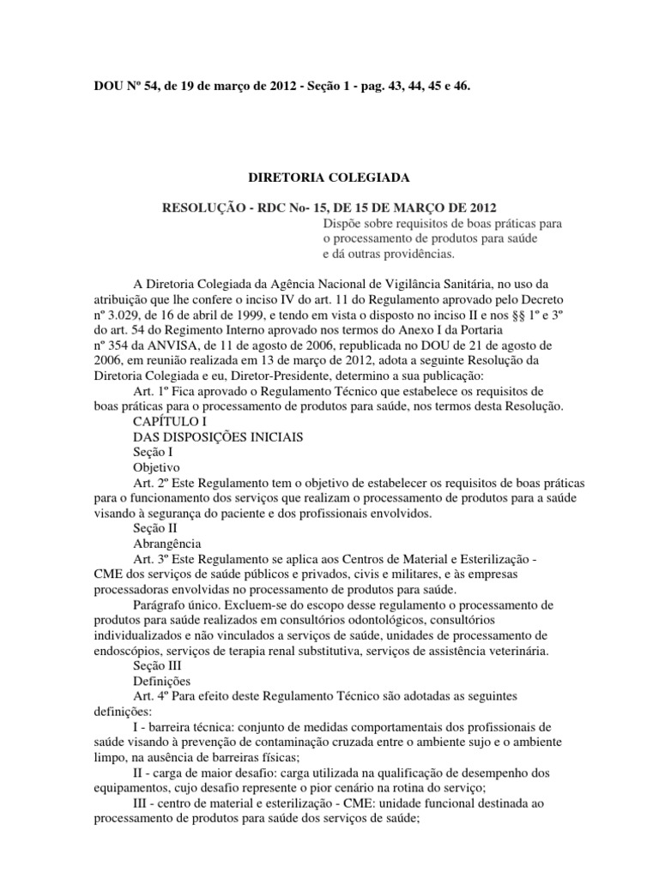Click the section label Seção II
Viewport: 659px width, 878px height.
coord(155,529)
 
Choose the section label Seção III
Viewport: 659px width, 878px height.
coord(158,665)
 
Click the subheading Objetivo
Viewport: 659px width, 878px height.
coord(156,468)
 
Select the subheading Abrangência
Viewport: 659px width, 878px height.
coord(167,544)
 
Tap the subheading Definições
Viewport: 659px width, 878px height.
coord(163,680)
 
